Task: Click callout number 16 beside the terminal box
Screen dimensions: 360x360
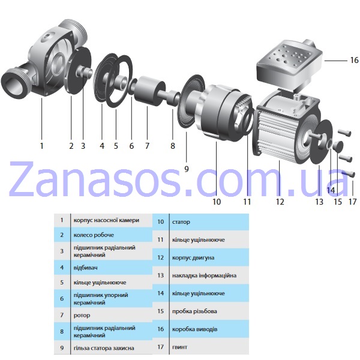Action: coord(354,60)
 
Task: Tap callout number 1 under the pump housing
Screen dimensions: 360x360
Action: coord(41,146)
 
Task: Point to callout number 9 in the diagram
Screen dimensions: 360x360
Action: coord(187,169)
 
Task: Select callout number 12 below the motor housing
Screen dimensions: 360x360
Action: coord(280,202)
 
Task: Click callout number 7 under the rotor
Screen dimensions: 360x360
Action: coord(147,146)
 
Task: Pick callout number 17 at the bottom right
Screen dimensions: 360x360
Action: coord(352,202)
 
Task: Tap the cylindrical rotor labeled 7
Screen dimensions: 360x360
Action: coord(149,91)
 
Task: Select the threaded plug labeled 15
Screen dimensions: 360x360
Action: coord(338,146)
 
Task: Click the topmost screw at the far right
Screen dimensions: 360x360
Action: coord(344,133)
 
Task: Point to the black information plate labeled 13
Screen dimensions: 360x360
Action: coord(321,142)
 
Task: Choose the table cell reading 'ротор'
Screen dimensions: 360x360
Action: coord(82,316)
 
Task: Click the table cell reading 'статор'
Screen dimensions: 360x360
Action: coord(181,222)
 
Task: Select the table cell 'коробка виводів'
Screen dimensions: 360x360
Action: coord(194,329)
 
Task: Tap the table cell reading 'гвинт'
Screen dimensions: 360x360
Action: coord(179,347)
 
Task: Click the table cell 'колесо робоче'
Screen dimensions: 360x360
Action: coord(94,235)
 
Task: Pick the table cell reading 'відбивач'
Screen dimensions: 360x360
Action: coord(85,268)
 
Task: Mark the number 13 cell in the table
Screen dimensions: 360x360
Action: coord(160,275)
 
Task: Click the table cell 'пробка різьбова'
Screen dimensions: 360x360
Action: coord(194,311)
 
